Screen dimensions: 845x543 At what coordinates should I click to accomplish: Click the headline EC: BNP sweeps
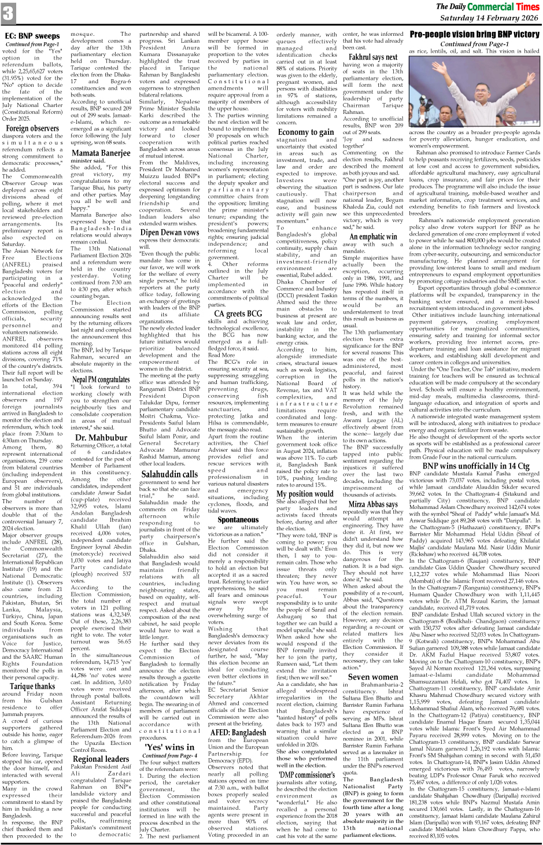[x=32, y=36]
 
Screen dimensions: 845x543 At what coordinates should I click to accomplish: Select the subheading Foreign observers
[x=32, y=128]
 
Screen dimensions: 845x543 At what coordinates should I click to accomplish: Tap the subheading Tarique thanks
[x=32, y=670]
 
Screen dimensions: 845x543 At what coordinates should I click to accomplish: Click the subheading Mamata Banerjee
[x=101, y=153]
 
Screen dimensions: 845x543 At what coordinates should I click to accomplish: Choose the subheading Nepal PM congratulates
[x=101, y=380]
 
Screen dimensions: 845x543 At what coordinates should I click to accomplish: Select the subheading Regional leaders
[x=101, y=759]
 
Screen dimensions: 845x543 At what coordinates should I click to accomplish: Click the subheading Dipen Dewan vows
[x=169, y=233]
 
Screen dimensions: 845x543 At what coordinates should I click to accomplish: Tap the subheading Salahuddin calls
[x=169, y=474]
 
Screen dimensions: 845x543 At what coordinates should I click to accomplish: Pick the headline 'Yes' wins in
[x=169, y=747]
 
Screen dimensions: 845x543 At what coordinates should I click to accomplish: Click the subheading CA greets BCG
[x=238, y=313]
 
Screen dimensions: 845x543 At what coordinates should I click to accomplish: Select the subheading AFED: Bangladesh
[x=238, y=732]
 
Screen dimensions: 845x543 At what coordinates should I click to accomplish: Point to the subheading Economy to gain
[x=305, y=132]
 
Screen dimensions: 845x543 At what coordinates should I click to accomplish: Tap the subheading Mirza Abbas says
[x=373, y=504]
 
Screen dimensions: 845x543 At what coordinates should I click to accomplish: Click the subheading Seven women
[x=373, y=677]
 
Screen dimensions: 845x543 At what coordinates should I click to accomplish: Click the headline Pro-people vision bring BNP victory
[x=474, y=35]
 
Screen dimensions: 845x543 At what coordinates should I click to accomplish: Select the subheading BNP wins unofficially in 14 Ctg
[x=474, y=466]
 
